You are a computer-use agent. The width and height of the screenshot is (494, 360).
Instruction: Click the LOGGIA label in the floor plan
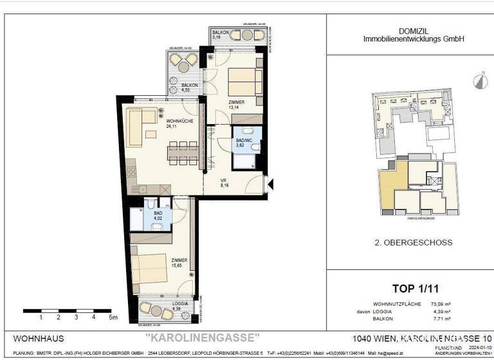tap(170, 303)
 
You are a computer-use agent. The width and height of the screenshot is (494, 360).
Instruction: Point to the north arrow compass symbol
tap(479, 80)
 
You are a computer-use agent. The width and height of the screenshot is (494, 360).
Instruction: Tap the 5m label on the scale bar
tap(113, 317)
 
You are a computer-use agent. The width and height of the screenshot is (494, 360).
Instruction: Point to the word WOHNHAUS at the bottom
tap(39, 337)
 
